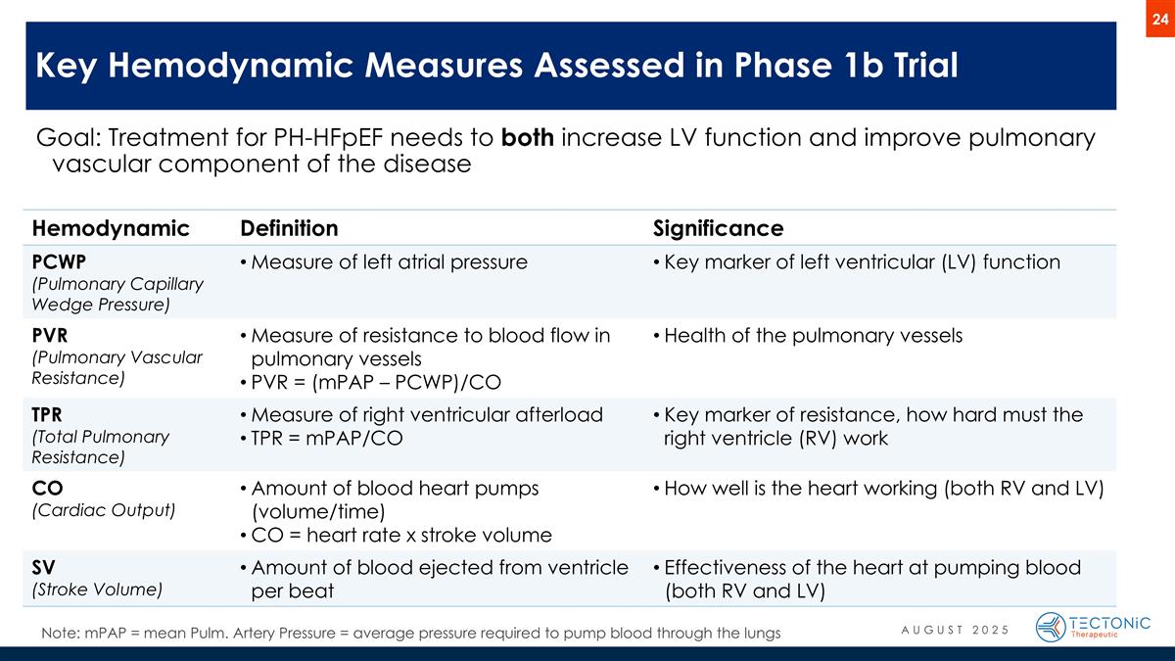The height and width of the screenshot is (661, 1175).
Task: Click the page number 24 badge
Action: pyautogui.click(x=1160, y=22)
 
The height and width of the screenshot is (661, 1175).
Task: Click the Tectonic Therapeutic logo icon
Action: pyautogui.click(x=1052, y=627)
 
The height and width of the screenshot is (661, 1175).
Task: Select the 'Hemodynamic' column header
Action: pyautogui.click(x=110, y=229)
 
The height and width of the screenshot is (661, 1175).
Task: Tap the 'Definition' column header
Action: pyautogui.click(x=289, y=229)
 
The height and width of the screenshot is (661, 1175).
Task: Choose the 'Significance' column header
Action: pyautogui.click(x=718, y=229)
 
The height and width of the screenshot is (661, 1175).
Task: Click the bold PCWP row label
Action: pyautogui.click(x=58, y=262)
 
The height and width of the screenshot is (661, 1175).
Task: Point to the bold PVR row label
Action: pyautogui.click(x=49, y=336)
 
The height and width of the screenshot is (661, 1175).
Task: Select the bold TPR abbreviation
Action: pyautogui.click(x=49, y=414)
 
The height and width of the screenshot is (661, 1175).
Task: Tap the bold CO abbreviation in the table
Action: pyautogui.click(x=45, y=488)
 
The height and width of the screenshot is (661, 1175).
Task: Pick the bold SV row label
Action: pyautogui.click(x=44, y=568)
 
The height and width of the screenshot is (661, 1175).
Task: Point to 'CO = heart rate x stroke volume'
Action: pyautogui.click(x=401, y=536)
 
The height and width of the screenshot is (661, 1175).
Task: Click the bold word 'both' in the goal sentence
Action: pyautogui.click(x=529, y=139)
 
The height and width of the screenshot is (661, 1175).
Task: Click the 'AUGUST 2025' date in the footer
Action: pyautogui.click(x=955, y=628)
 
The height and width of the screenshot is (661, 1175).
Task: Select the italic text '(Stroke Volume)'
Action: pyautogui.click(x=97, y=590)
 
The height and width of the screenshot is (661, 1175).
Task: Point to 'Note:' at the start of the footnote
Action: pyautogui.click(x=61, y=634)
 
